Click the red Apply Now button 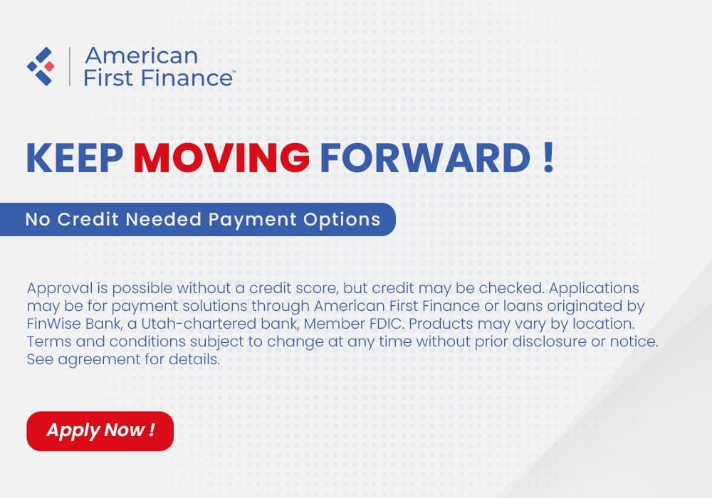[100, 430]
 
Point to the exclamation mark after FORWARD [548, 158]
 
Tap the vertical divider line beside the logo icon [69, 66]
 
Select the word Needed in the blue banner [165, 219]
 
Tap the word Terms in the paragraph [46, 342]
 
